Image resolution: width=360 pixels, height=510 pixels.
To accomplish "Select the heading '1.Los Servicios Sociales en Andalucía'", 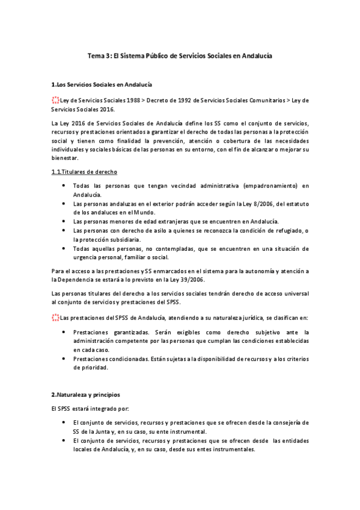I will click(x=102, y=85).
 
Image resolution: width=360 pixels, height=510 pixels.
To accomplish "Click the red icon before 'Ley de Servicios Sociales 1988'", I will click(x=56, y=100).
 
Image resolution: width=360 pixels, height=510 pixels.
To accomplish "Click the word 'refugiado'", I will click(x=287, y=230).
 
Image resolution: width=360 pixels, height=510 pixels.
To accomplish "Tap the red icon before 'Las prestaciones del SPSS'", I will click(x=56, y=317).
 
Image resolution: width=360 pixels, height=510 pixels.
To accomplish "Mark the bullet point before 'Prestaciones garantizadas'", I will click(x=64, y=331).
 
